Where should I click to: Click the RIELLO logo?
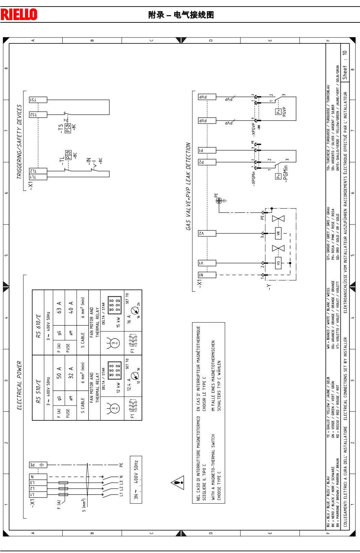tap(19, 14)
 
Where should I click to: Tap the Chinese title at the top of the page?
tap(181, 15)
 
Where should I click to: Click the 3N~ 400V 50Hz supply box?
tap(136, 480)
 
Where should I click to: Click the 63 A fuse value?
tap(59, 307)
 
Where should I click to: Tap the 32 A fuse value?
tap(71, 373)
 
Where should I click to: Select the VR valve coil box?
tap(278, 233)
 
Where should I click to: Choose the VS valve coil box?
tap(278, 263)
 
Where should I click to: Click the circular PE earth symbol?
tap(219, 200)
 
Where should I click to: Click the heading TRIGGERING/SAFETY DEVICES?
tap(19, 142)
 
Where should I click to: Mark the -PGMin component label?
tap(285, 173)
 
